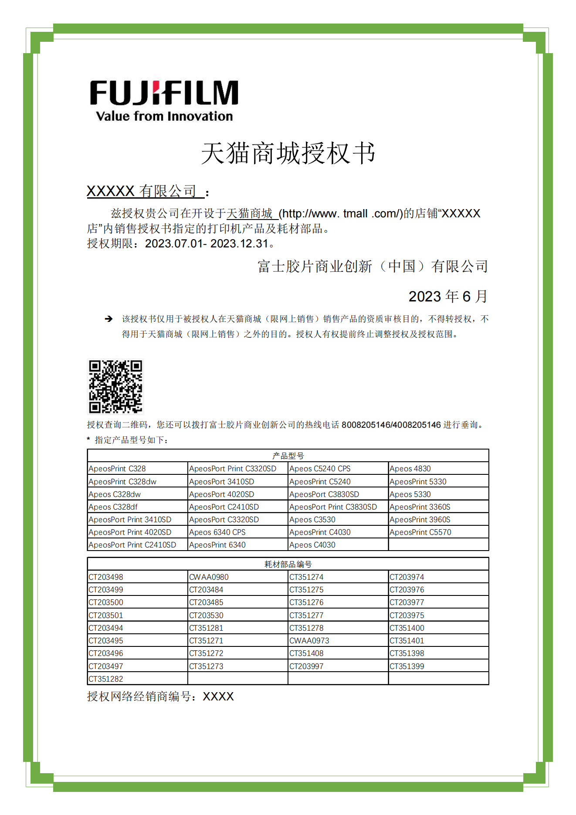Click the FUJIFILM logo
coord(164,93)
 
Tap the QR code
coord(115,386)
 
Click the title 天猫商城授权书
coord(288,153)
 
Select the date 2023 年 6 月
coord(448,296)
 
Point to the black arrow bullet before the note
coord(108,319)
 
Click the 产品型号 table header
coord(288,456)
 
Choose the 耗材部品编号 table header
coord(288,564)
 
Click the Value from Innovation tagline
coord(164,116)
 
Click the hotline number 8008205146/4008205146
coord(391,425)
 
